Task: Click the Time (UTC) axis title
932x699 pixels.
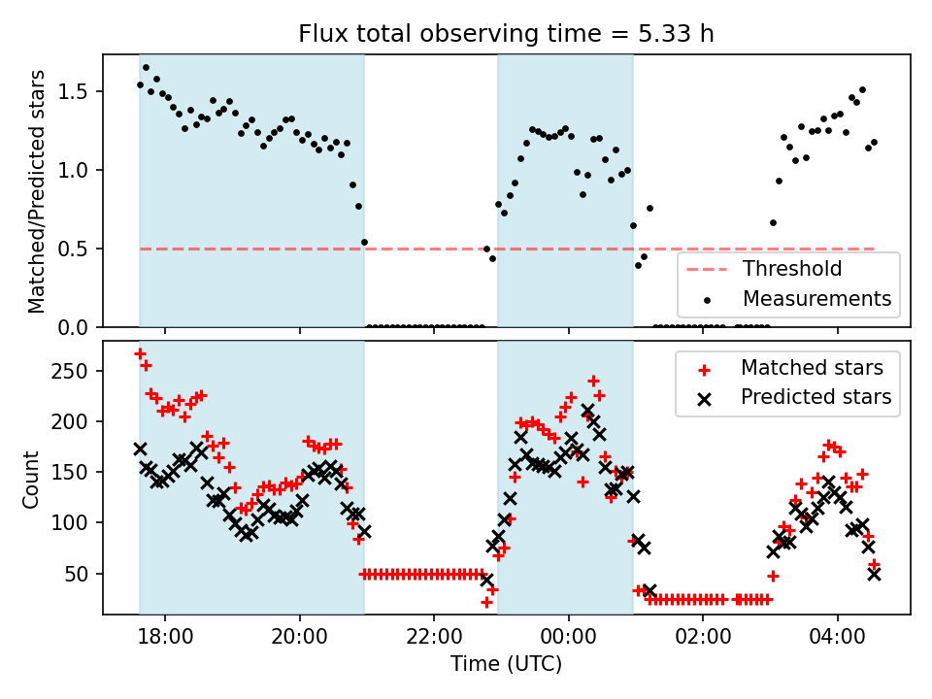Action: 506,665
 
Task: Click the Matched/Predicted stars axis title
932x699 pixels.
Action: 37,191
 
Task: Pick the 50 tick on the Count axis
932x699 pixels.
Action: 82,573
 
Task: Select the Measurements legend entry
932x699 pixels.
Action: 816,298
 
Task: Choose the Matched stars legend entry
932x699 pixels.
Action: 812,368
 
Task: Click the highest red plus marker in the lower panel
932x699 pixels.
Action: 140,353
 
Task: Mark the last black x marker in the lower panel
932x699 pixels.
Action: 874,574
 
